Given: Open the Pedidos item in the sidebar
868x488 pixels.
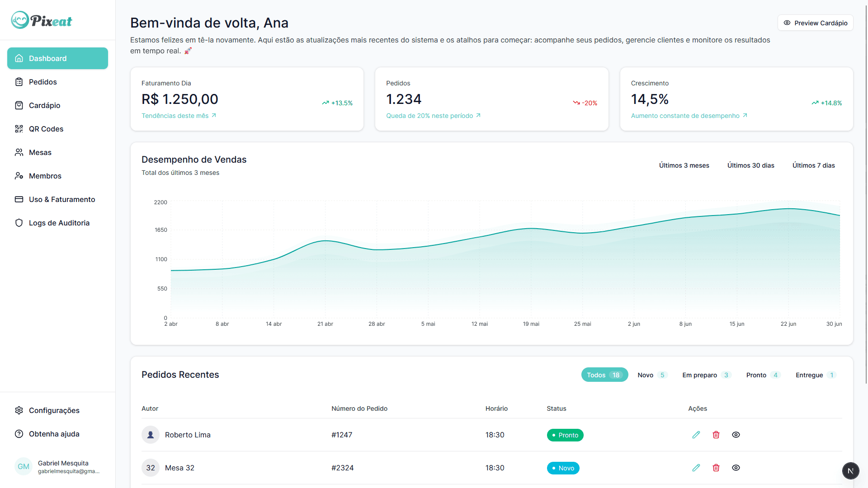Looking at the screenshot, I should (x=42, y=82).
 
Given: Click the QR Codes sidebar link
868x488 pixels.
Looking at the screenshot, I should (x=46, y=129).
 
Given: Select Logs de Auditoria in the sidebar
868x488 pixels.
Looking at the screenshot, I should (x=59, y=223).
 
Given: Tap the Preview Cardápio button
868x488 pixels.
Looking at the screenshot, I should (x=815, y=23).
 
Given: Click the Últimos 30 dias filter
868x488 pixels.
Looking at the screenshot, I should (x=750, y=165).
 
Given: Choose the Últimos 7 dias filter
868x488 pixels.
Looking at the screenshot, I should (x=813, y=165).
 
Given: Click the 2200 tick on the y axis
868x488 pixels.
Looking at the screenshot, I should (x=160, y=202).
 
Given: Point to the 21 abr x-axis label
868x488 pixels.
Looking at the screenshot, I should (x=325, y=324).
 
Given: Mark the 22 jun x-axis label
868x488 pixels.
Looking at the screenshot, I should (x=788, y=324).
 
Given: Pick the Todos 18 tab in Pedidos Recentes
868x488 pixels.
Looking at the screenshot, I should (x=604, y=375).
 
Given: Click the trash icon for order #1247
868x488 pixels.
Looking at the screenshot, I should (x=716, y=435).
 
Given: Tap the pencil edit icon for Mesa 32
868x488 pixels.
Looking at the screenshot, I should (x=696, y=468).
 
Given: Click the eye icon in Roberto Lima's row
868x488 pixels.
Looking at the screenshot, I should (x=736, y=435).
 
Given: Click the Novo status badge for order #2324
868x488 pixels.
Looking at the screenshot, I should (x=563, y=468).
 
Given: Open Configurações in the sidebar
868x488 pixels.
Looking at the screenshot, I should (x=54, y=410).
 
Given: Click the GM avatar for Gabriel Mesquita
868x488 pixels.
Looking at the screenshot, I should (x=24, y=467).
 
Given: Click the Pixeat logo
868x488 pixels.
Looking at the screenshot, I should (x=42, y=20).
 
